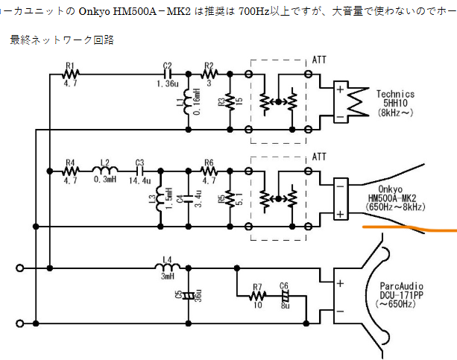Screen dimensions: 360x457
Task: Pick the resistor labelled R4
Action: (x=72, y=170)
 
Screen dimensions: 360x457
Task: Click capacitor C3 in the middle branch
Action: (x=139, y=170)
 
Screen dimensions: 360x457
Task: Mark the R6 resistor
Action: (x=209, y=170)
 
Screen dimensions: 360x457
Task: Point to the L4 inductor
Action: (x=167, y=266)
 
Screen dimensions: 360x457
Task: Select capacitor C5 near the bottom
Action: (x=187, y=294)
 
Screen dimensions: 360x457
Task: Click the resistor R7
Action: (x=258, y=296)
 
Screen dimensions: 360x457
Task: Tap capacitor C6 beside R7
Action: (x=284, y=296)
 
